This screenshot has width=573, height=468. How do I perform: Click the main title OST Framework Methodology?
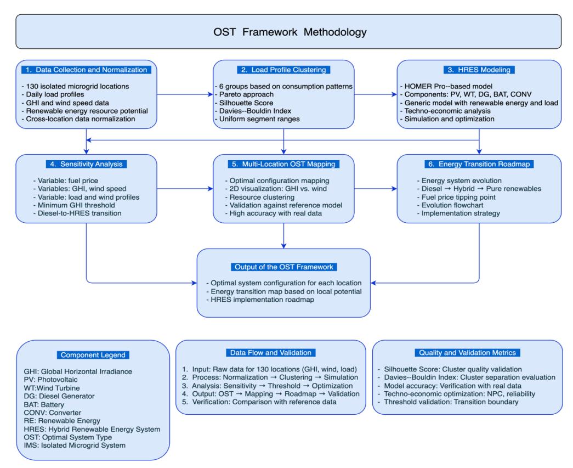tap(290, 32)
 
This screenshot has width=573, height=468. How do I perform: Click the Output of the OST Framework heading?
tap(283, 267)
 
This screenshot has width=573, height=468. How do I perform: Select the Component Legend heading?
tap(93, 355)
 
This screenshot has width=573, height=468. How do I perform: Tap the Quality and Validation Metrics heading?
tap(467, 353)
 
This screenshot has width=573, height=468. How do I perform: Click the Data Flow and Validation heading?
tap(271, 353)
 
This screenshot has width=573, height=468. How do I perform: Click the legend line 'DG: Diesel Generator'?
tap(59, 396)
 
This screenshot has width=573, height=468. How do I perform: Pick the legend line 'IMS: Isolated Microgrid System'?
tap(75, 446)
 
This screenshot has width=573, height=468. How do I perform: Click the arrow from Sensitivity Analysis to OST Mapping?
tap(185, 189)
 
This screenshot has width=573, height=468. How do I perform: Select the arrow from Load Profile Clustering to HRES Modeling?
tap(376, 94)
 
